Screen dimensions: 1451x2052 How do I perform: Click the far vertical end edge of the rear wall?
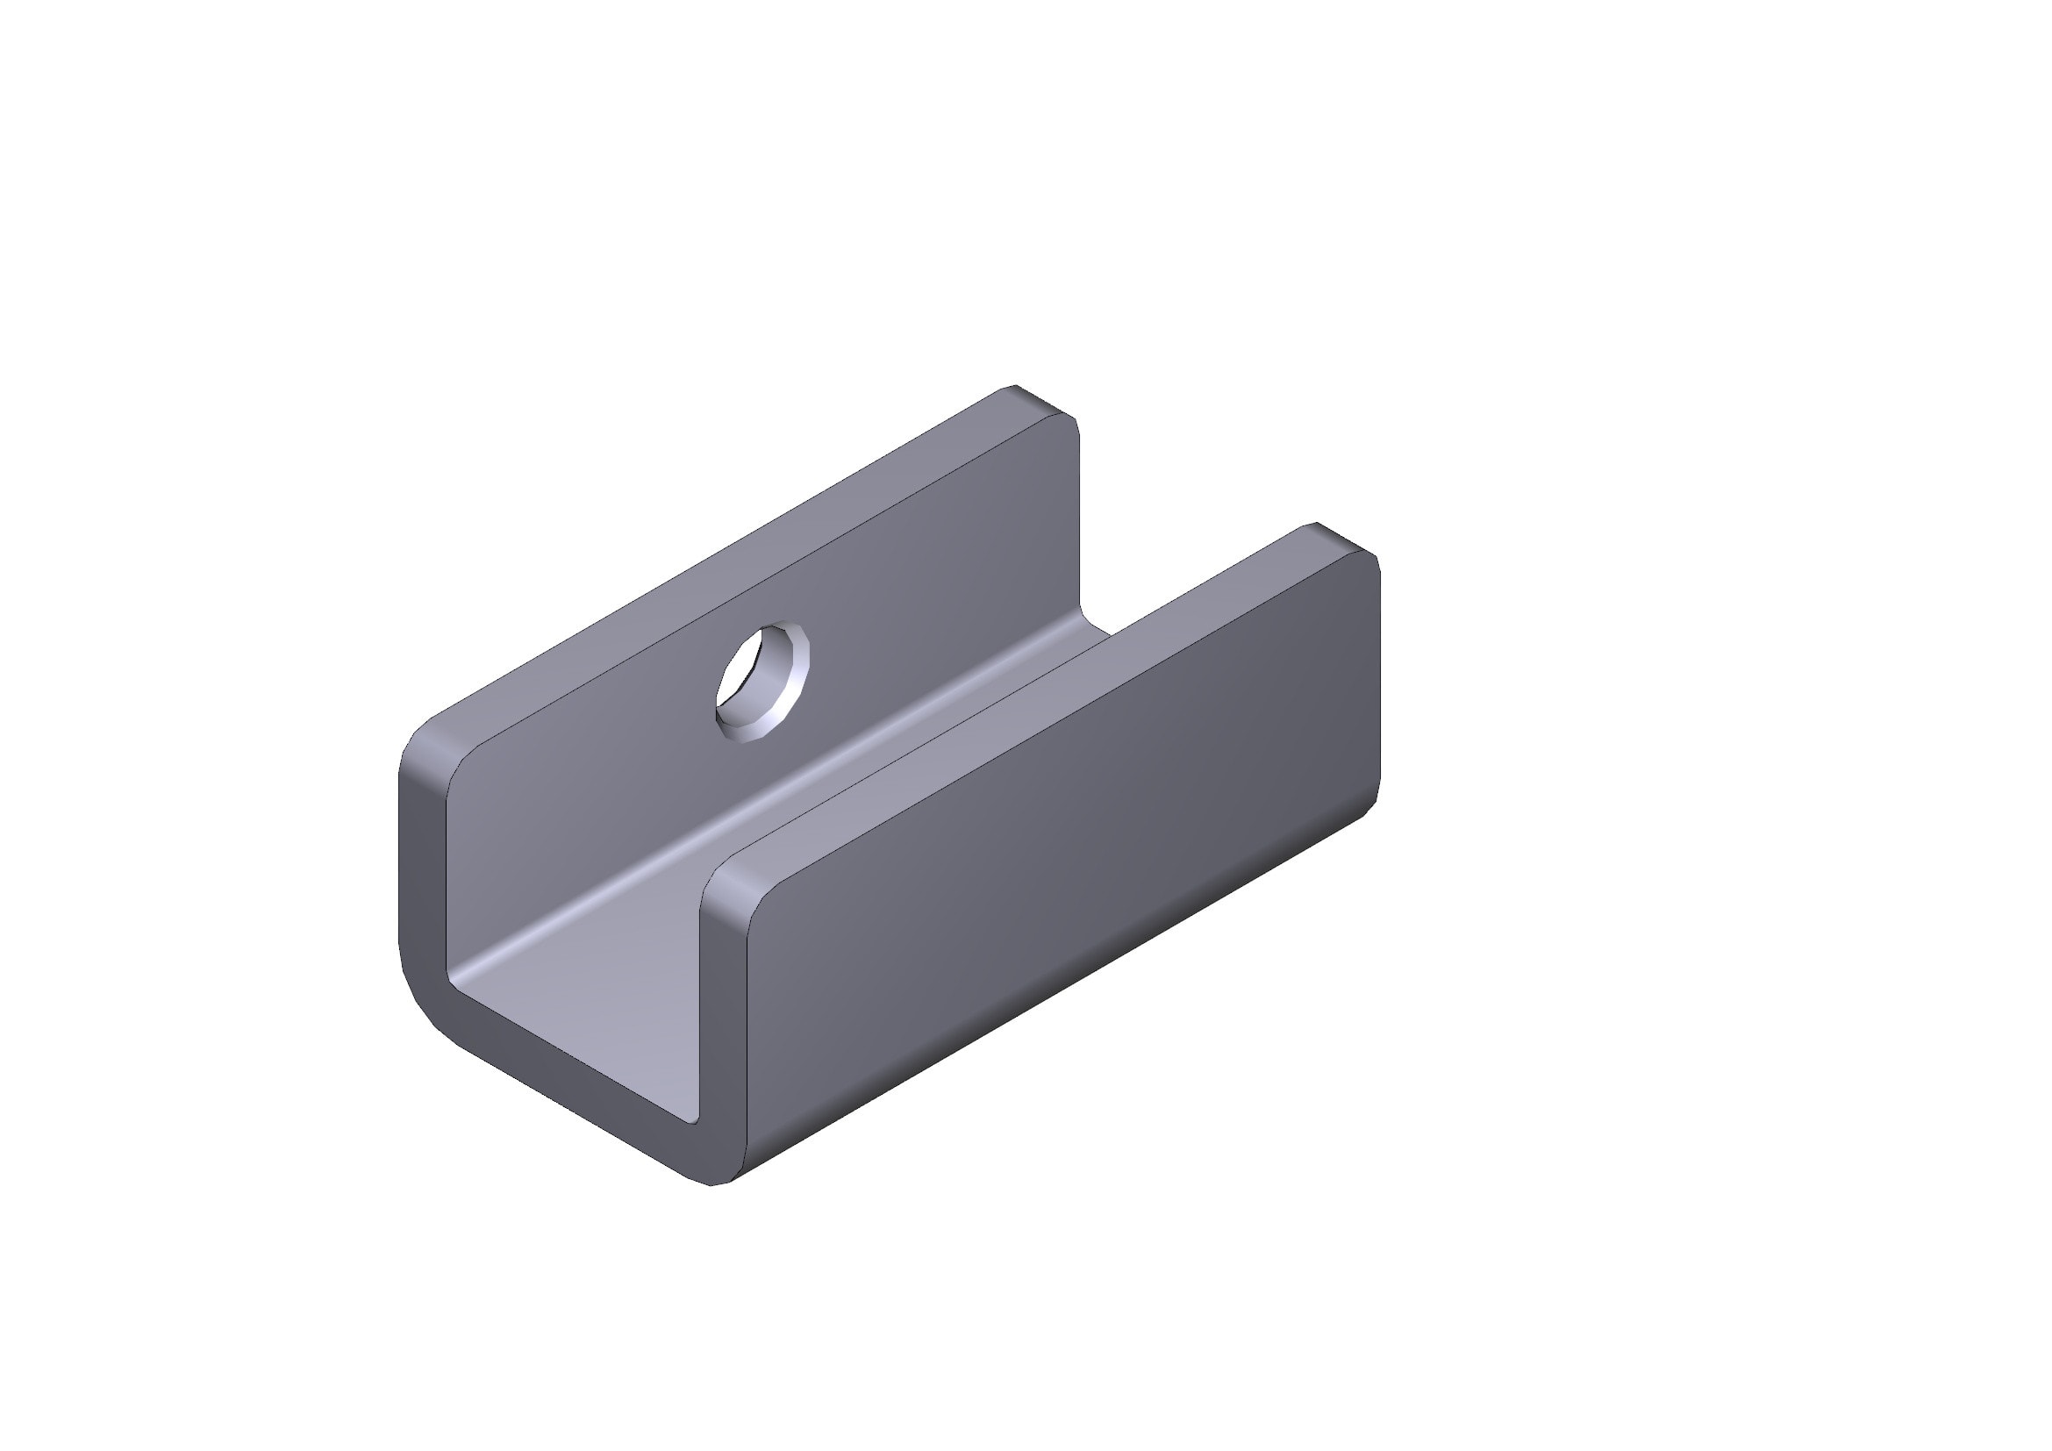click(x=1080, y=518)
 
